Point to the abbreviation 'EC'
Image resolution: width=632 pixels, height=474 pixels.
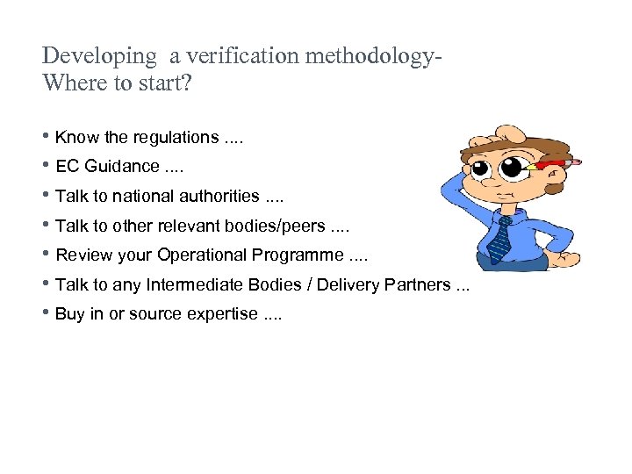66,167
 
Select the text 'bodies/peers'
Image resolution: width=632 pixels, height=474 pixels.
279,226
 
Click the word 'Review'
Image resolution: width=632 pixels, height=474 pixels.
81,255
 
